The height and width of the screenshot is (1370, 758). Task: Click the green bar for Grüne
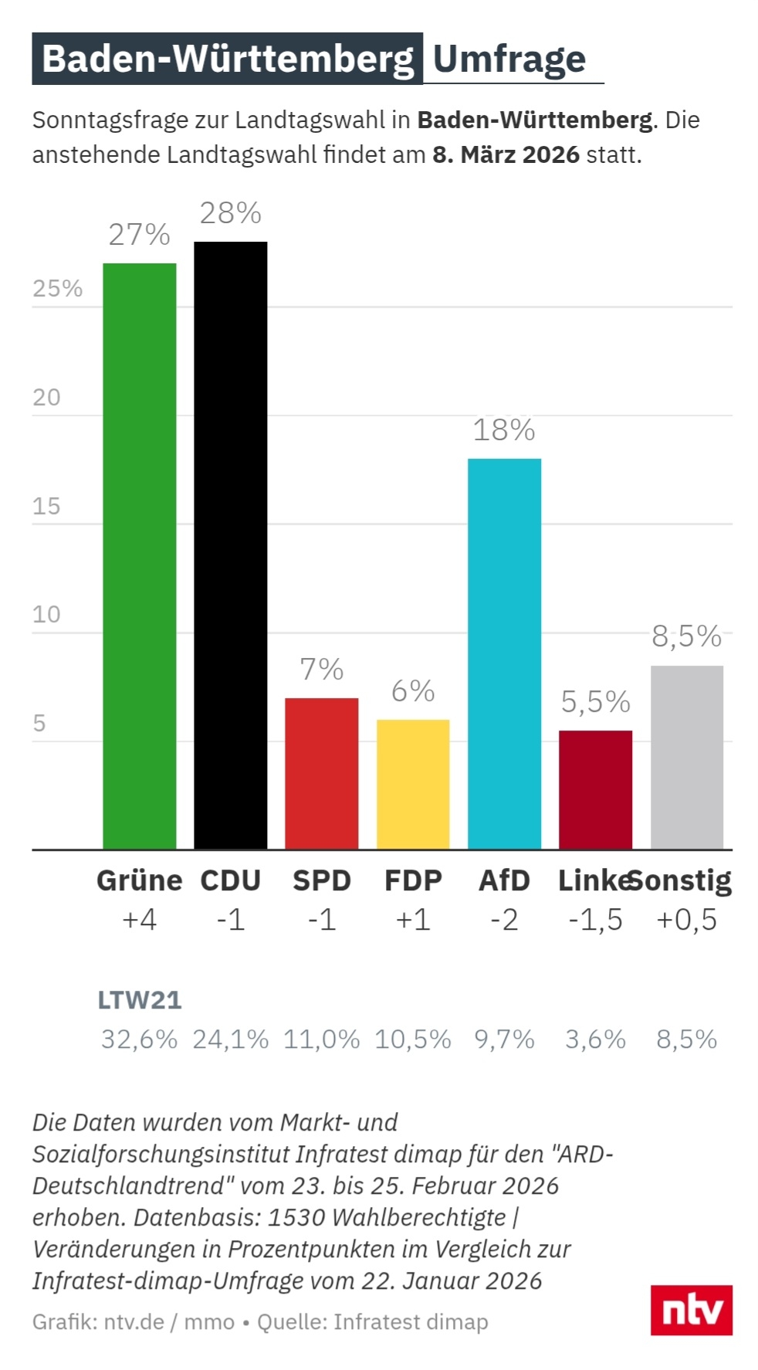click(139, 556)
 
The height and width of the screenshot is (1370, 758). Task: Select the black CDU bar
click(230, 545)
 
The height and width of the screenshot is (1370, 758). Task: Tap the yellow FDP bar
click(413, 784)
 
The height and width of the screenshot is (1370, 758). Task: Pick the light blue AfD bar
click(504, 653)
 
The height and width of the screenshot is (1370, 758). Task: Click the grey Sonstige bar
click(686, 757)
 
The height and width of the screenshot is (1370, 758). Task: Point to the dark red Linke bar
click(595, 789)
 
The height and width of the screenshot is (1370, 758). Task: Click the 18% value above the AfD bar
click(503, 430)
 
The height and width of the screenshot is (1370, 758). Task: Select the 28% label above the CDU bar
click(230, 213)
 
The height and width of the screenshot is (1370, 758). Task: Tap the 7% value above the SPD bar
click(321, 670)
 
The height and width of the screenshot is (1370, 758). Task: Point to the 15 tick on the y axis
click(46, 506)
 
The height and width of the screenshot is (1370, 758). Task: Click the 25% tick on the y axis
click(57, 288)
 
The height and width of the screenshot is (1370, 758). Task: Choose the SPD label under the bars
click(321, 880)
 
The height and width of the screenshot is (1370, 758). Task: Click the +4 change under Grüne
click(139, 920)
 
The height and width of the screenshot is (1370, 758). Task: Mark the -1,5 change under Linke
click(595, 920)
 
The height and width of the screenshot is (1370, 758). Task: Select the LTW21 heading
click(139, 1000)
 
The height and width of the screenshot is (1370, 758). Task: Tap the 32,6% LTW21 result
click(139, 1039)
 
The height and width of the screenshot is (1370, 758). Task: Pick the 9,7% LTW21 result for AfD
click(504, 1039)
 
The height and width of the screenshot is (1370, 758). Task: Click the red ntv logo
click(691, 1310)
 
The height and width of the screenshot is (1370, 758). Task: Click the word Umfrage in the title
click(509, 59)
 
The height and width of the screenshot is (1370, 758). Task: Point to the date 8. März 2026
click(506, 154)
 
